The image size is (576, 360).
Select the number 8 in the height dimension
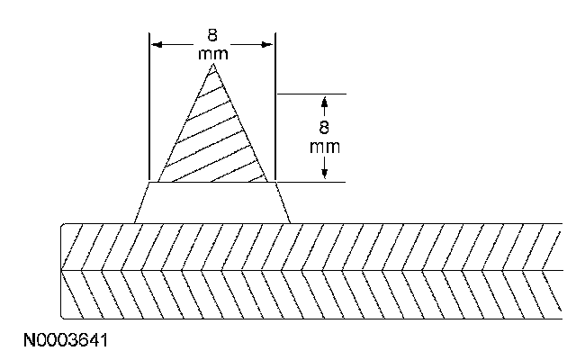click(x=324, y=129)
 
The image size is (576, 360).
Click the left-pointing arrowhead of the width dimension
click(x=155, y=43)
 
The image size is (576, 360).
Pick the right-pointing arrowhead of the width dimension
click(x=268, y=43)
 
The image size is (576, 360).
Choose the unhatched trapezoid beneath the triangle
click(x=212, y=202)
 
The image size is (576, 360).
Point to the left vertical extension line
click(x=148, y=108)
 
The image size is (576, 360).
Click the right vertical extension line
click(x=275, y=108)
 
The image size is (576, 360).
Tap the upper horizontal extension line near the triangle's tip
click(x=310, y=93)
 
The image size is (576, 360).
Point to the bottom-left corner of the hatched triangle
click(x=158, y=182)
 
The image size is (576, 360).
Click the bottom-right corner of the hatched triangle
click(x=267, y=182)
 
